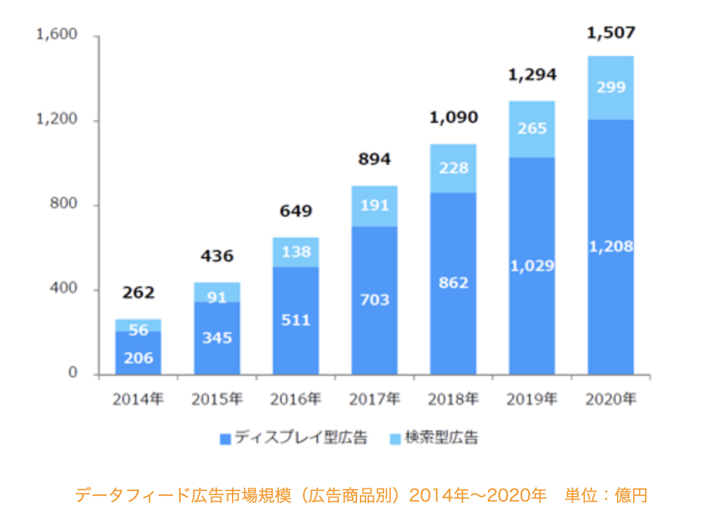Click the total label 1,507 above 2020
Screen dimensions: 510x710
point(610,32)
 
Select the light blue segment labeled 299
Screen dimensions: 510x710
point(610,87)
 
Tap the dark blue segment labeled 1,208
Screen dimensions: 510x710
point(610,247)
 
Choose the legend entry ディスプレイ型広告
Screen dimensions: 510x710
point(293,438)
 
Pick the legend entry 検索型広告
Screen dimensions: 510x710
point(433,438)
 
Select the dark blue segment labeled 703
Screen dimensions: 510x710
point(375,300)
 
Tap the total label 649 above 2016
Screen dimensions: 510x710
point(296,211)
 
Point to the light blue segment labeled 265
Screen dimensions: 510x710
point(532,129)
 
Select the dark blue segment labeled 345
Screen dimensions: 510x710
point(217,338)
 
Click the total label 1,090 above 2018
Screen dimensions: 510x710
point(453,117)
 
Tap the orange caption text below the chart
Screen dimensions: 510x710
point(361,495)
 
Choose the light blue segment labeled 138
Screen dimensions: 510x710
point(296,252)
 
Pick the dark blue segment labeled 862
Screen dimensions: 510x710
point(453,283)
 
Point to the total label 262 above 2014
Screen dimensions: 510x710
point(138,293)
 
